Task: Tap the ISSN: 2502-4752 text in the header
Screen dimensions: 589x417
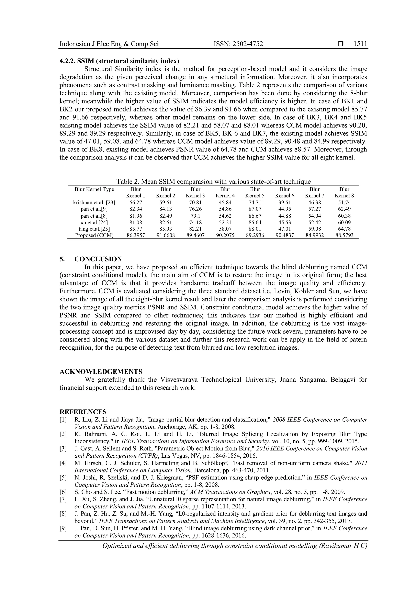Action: (238, 44)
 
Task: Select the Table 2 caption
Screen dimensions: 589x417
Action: (213, 182)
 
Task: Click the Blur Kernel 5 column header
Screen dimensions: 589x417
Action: (255, 192)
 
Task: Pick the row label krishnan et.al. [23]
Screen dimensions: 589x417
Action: (94, 203)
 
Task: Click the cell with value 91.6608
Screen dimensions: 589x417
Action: (166, 235)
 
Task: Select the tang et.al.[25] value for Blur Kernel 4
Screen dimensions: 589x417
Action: (225, 229)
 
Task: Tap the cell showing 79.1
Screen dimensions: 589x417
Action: (195, 216)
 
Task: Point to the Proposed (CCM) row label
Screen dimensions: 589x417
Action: (94, 235)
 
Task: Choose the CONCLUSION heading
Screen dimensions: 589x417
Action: (98, 259)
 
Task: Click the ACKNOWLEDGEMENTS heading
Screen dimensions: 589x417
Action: (101, 371)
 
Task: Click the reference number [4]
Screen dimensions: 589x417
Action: (63, 463)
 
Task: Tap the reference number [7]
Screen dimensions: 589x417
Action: (63, 499)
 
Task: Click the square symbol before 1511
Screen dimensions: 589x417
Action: (340, 44)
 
